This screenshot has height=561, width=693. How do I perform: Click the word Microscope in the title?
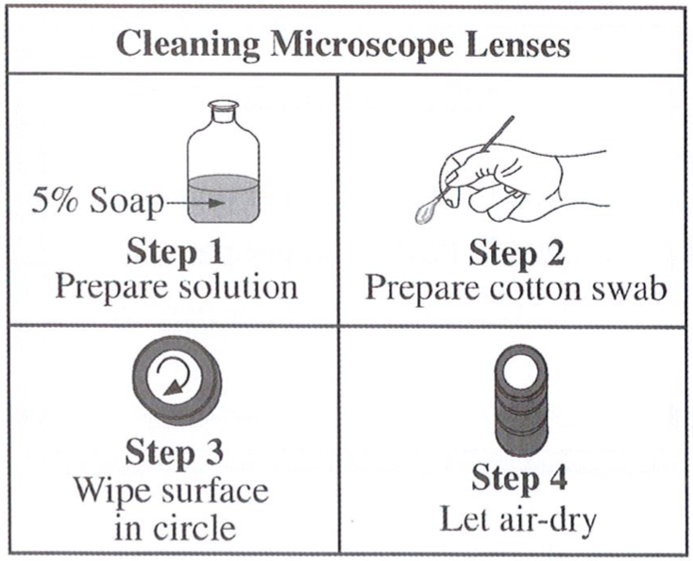click(x=362, y=45)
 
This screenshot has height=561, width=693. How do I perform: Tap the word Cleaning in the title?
click(x=187, y=45)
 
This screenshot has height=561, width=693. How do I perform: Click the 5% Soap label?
click(x=97, y=203)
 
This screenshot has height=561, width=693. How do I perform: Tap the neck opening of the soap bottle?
click(x=224, y=105)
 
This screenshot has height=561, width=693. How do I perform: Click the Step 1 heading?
click(x=175, y=252)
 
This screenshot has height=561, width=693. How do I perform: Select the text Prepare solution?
click(x=177, y=287)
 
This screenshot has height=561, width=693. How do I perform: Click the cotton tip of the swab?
click(x=427, y=213)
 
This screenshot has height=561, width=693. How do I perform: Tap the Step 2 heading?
click(x=516, y=253)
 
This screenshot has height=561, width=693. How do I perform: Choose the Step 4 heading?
click(x=519, y=479)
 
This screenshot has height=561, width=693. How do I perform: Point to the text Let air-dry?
click(x=518, y=519)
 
